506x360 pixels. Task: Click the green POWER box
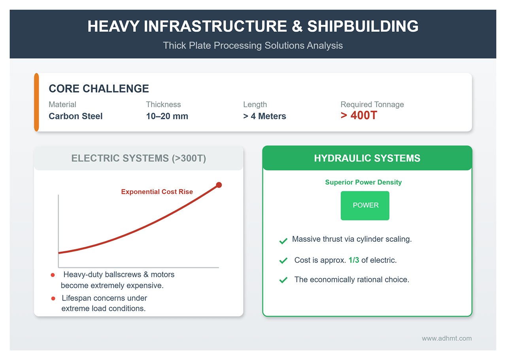[x=365, y=206]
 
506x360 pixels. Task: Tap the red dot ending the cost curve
[x=219, y=185]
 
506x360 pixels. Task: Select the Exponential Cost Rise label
[x=157, y=192]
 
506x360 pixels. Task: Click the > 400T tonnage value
[x=359, y=116]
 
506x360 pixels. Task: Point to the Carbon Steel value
[x=76, y=116]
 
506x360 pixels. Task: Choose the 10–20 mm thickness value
[x=167, y=116]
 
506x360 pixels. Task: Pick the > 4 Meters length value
[x=264, y=116]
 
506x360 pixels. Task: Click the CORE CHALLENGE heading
[x=98, y=89]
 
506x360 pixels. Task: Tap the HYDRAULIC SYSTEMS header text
[x=367, y=158]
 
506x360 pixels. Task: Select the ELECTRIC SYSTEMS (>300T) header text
[x=138, y=158]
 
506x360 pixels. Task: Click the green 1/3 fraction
[x=354, y=260]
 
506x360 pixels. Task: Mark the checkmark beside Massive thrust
[x=283, y=241]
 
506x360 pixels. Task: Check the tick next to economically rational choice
[x=283, y=280]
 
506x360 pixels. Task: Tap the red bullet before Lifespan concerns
[x=53, y=299]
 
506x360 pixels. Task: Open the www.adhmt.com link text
[x=446, y=338]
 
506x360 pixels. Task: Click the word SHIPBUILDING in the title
[x=363, y=27]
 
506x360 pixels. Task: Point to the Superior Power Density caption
[x=363, y=182]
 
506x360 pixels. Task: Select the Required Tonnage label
[x=372, y=104]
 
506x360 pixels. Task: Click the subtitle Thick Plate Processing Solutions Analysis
[x=253, y=45]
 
